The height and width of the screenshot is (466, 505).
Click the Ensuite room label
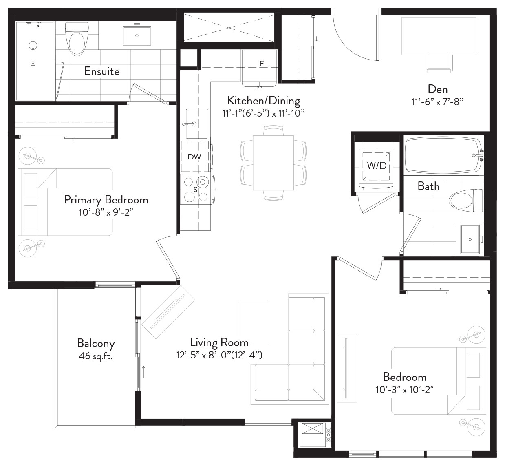click(102, 71)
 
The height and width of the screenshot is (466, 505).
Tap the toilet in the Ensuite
click(77, 39)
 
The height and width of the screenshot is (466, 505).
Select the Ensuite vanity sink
click(137, 35)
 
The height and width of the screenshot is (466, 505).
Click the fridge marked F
click(259, 68)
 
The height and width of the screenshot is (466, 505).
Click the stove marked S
click(196, 189)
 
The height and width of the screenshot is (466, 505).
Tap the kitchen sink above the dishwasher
click(197, 124)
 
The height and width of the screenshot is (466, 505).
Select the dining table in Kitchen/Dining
click(273, 163)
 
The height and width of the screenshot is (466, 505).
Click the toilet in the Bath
click(465, 201)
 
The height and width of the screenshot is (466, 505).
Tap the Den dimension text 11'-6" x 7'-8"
click(438, 102)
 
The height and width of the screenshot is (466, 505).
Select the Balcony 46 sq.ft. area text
click(96, 356)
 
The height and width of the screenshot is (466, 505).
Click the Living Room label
click(219, 342)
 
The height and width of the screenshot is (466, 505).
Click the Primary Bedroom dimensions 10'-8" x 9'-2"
click(106, 212)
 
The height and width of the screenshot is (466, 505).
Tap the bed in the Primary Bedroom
click(65, 202)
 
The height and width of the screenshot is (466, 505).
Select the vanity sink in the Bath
click(470, 239)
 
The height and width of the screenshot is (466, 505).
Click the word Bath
click(428, 186)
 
